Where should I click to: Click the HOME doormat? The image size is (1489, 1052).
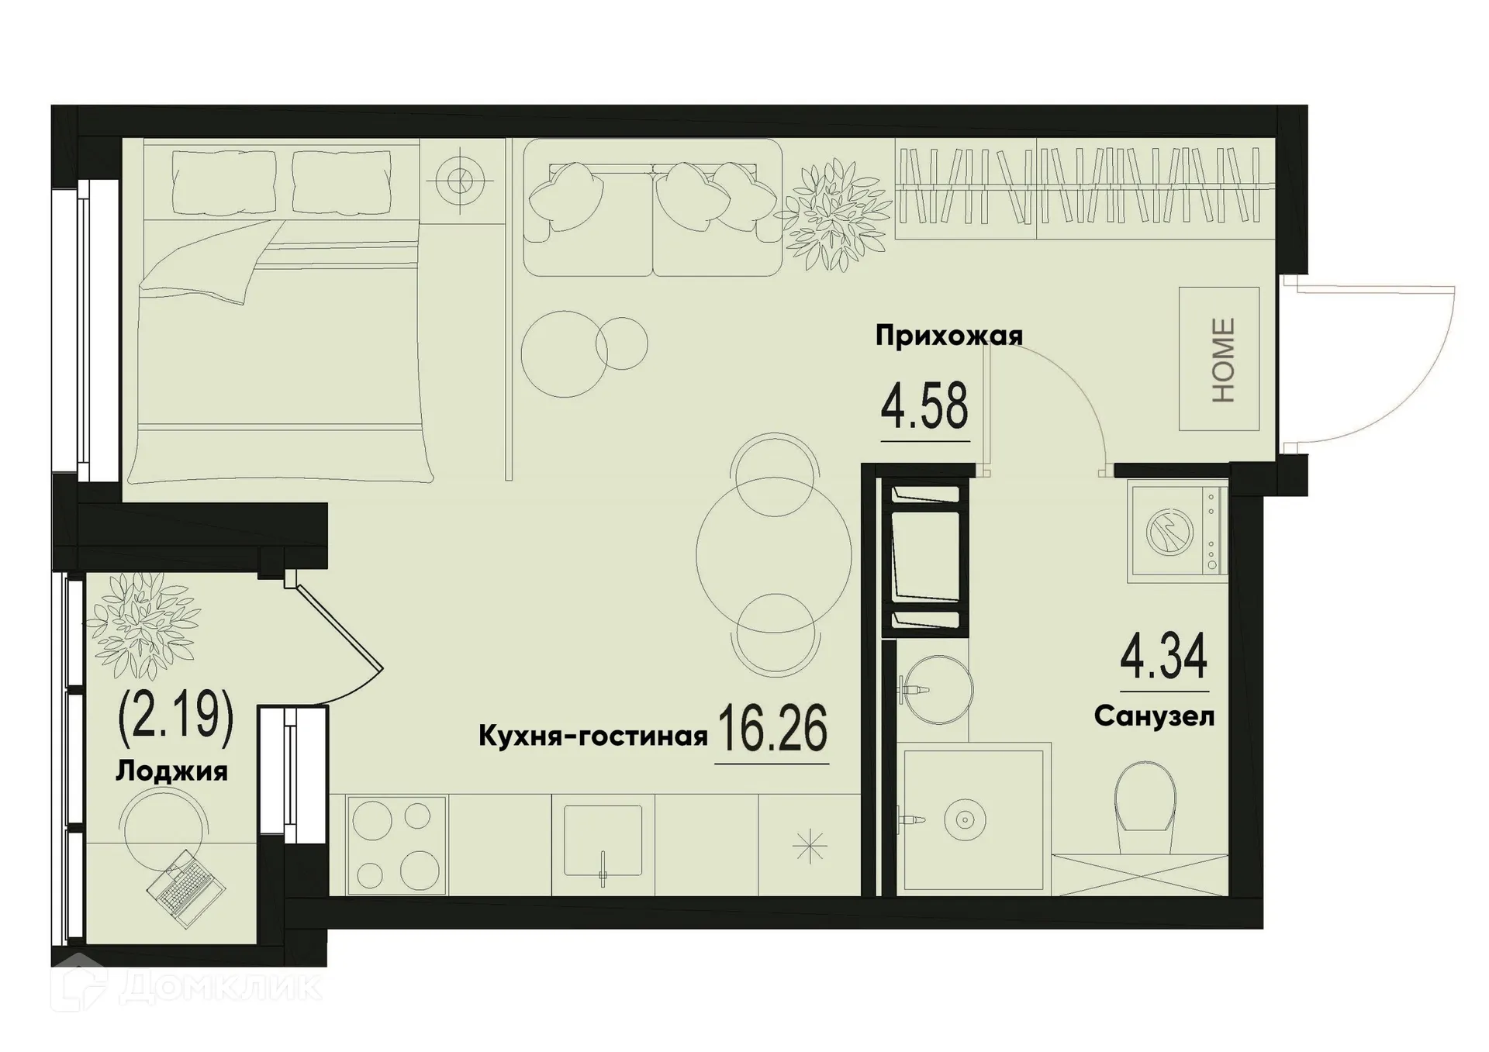(x=1218, y=359)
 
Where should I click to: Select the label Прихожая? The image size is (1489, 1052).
(x=948, y=336)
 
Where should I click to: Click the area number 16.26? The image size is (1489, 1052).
(x=772, y=729)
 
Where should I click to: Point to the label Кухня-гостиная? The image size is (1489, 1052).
(x=592, y=736)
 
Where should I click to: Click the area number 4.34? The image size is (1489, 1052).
(x=1164, y=657)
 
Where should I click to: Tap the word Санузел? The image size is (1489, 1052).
(x=1154, y=717)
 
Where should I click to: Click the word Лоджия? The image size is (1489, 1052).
(x=171, y=771)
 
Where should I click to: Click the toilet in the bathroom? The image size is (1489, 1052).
(x=1145, y=806)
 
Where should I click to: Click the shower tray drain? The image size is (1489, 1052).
(x=964, y=819)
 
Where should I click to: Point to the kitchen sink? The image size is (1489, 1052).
(x=603, y=840)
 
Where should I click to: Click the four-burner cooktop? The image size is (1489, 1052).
(x=396, y=846)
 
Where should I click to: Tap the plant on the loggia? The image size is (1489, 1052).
(x=143, y=625)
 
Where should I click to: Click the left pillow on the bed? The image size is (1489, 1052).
(x=224, y=183)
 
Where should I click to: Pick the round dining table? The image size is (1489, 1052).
(x=773, y=554)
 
